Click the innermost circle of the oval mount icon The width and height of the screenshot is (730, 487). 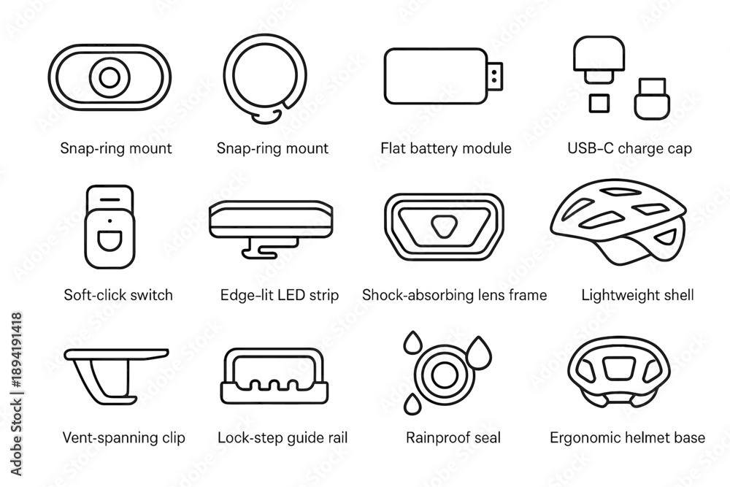click(x=109, y=77)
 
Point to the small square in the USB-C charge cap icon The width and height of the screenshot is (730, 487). click(x=599, y=104)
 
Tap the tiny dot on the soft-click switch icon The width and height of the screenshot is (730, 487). click(x=109, y=221)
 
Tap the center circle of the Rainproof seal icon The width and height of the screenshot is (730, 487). click(x=444, y=375)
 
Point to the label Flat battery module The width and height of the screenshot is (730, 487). click(x=445, y=148)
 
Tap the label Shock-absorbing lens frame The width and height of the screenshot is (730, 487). click(x=454, y=295)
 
